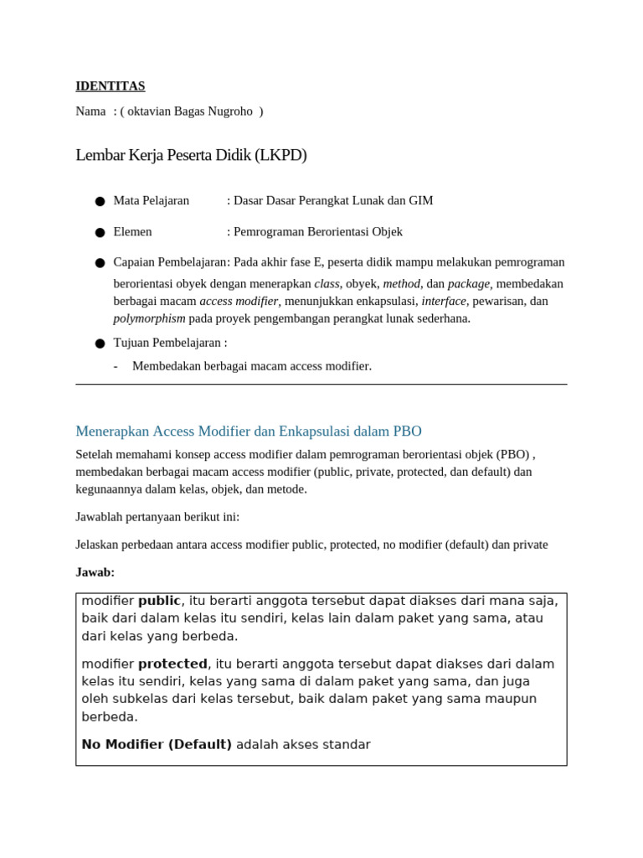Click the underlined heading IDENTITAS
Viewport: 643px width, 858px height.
coord(110,85)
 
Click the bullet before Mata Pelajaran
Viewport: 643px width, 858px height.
coord(100,201)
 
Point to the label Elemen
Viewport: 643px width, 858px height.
coord(132,231)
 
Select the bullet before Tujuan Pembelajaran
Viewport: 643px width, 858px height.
coord(100,343)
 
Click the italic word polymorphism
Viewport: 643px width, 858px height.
coord(149,318)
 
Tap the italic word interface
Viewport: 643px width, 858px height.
coord(443,301)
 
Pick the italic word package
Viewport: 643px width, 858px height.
coord(468,283)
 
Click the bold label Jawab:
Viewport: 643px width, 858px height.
coord(95,572)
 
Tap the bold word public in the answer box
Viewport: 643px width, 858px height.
coord(159,601)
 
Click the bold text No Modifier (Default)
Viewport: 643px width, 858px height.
coord(157,744)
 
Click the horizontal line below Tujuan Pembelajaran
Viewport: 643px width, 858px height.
coord(321,385)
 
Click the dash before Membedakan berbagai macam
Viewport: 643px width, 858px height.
coord(116,366)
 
